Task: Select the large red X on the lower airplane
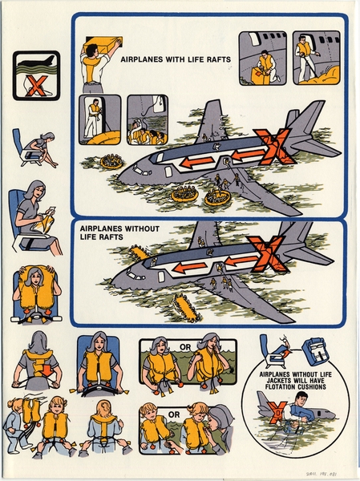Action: pyautogui.click(x=268, y=254)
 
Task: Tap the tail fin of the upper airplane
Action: pyautogui.click(x=211, y=120)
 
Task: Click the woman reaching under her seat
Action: pyautogui.click(x=34, y=150)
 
